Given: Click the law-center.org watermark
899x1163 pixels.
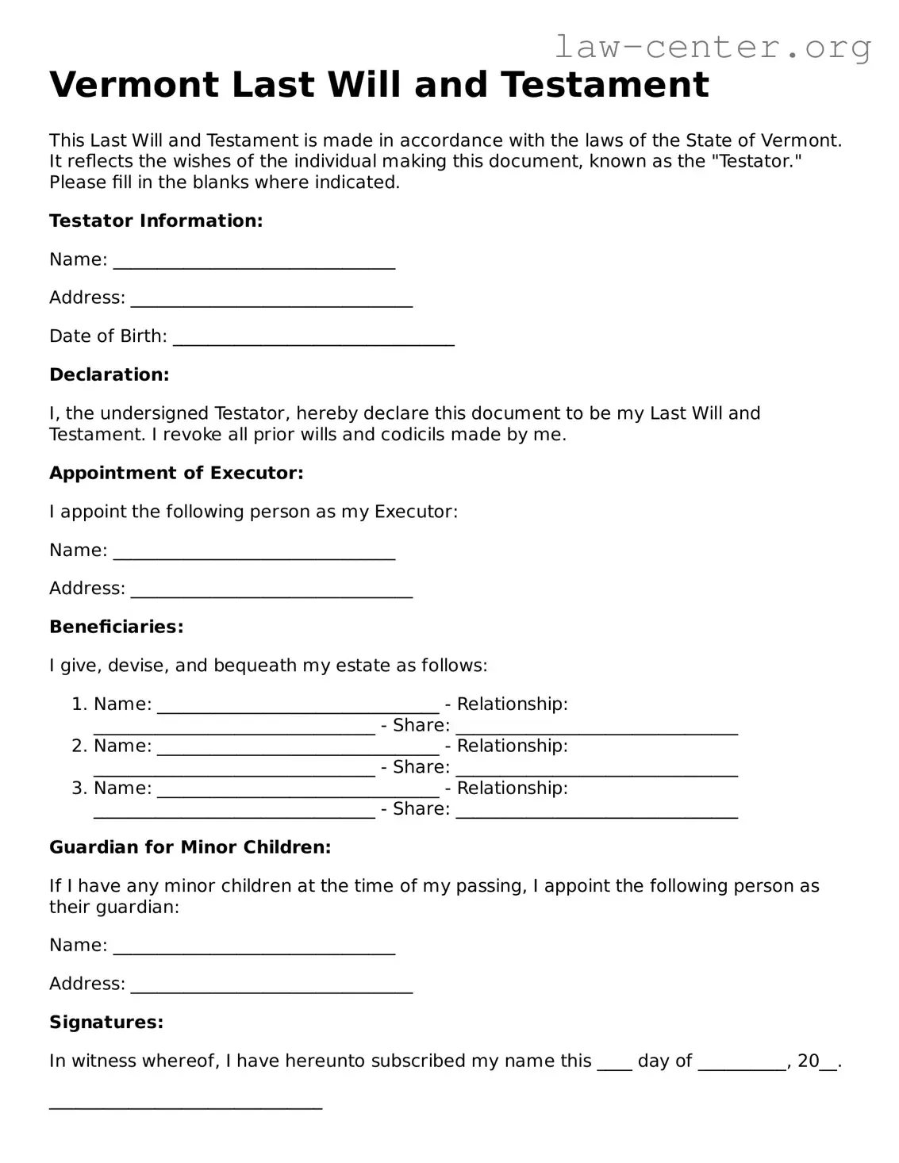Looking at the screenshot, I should coord(712,47).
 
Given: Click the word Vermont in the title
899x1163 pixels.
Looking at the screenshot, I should coord(134,85).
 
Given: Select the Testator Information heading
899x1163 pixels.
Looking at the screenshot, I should coord(156,221).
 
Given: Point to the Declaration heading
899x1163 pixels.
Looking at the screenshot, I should coord(109,374).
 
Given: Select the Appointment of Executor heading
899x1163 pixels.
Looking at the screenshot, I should coord(176,473).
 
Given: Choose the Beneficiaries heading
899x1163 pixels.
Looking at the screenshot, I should coord(117,627).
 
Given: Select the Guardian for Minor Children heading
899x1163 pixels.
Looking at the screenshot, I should coord(190,847).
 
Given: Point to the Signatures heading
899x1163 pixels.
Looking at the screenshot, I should coord(106,1022).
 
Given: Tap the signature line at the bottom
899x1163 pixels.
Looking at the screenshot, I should coord(186,1105).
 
